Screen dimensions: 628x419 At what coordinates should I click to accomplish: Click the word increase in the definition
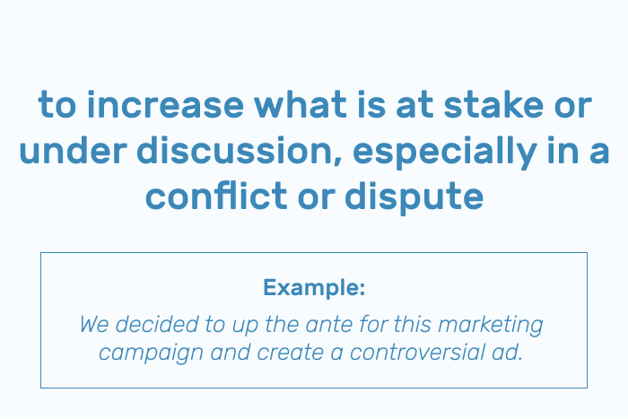[x=165, y=105]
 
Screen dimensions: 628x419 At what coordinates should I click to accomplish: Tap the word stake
[x=493, y=104]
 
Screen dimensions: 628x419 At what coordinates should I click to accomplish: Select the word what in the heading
[x=300, y=104]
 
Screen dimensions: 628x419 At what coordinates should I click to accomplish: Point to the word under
[x=74, y=150]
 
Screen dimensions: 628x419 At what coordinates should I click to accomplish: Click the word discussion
[x=240, y=150]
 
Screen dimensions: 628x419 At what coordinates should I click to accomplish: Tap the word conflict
[x=216, y=196]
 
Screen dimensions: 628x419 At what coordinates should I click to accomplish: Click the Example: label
[x=314, y=287]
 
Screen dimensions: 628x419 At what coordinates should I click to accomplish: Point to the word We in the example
[x=94, y=324]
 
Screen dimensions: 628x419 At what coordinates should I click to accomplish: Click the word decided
[x=157, y=324]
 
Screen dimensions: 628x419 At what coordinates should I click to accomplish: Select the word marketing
[x=491, y=326]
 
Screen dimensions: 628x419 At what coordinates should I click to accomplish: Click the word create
[x=291, y=353]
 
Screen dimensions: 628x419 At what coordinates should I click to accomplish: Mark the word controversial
[x=417, y=352]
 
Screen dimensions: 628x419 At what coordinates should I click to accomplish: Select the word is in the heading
[x=371, y=104]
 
